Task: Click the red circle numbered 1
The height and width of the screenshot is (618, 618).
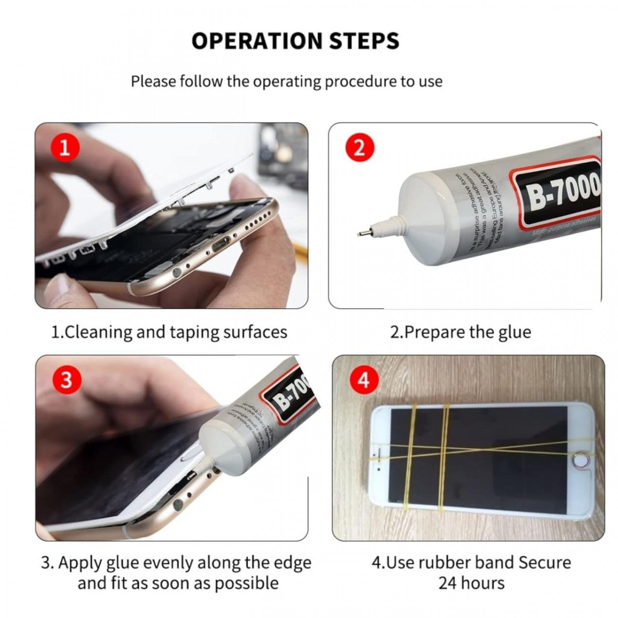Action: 64,148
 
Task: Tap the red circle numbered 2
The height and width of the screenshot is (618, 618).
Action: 359,148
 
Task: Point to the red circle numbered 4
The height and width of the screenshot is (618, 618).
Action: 364,381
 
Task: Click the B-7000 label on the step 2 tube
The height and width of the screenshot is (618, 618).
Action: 561,193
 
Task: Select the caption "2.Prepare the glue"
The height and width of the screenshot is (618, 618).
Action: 460,332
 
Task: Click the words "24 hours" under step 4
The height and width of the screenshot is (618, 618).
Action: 471,583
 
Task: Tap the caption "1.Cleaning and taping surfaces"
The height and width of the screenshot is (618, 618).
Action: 169,332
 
